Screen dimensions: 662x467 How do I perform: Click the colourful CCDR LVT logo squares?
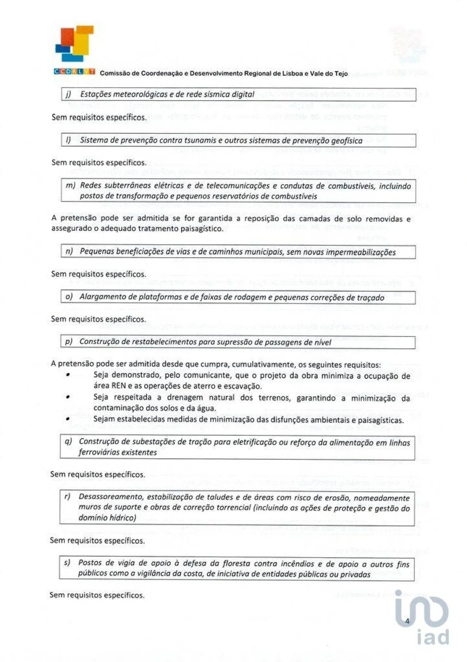point(75,44)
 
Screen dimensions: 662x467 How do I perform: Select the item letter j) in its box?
point(67,94)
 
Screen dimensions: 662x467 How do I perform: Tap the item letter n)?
point(67,252)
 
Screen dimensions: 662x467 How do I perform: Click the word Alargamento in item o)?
point(104,297)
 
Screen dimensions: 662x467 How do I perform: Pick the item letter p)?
point(67,342)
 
